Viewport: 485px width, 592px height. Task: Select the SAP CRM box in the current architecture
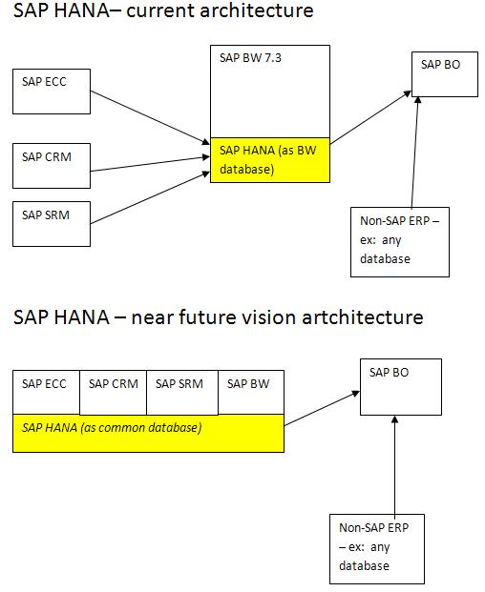(x=53, y=165)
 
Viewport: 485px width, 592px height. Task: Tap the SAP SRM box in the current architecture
(x=53, y=224)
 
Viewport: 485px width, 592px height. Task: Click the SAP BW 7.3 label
(x=246, y=59)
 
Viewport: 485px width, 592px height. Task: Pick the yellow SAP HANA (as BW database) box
(x=270, y=159)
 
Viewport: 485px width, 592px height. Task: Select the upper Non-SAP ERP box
(x=399, y=242)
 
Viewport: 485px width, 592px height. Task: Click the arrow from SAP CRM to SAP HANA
(x=151, y=165)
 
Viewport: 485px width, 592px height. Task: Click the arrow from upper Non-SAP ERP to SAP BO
(x=414, y=153)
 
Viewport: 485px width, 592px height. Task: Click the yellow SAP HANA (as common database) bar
(x=148, y=432)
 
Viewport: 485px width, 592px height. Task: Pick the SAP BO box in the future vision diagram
(x=401, y=387)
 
